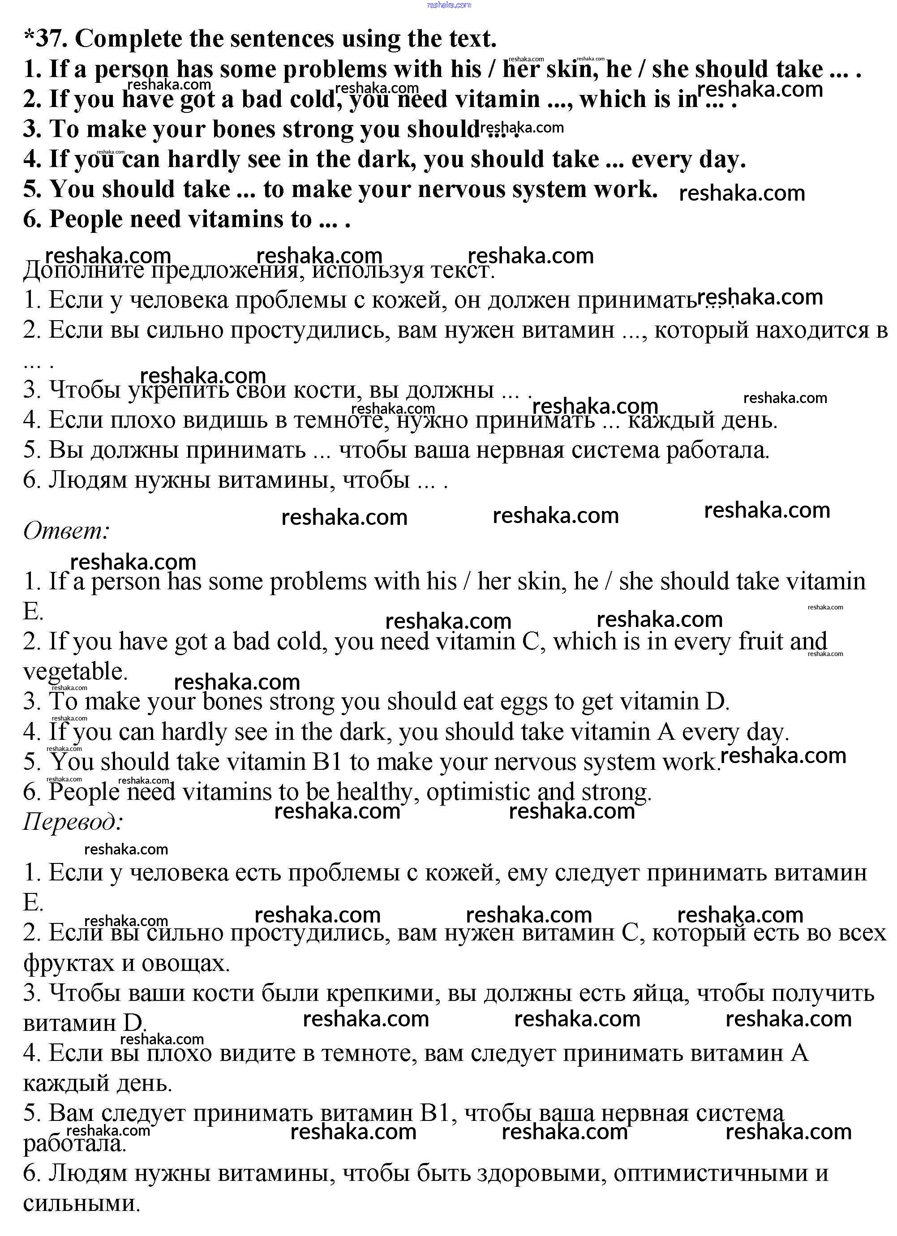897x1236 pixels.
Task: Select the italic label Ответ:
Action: click(x=66, y=530)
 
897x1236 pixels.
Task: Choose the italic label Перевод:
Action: click(x=73, y=821)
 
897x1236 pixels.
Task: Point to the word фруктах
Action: click(x=69, y=963)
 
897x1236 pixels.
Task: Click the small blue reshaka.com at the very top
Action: click(x=449, y=5)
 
